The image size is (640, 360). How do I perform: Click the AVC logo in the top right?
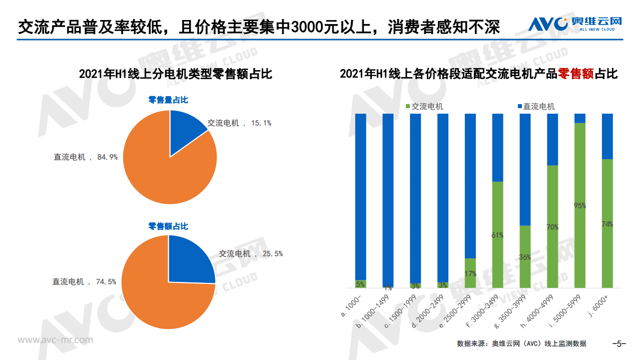click(575, 24)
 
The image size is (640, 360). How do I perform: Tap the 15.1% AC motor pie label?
click(239, 123)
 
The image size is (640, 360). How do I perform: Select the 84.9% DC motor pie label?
click(86, 157)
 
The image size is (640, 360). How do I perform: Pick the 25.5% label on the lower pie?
click(250, 254)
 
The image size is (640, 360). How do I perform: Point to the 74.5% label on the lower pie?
click(84, 282)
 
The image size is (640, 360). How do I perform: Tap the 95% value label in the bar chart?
click(579, 205)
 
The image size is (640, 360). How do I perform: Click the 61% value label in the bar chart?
click(497, 235)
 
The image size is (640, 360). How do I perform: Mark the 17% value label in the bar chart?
click(470, 274)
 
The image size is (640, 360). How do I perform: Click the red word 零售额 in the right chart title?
click(575, 74)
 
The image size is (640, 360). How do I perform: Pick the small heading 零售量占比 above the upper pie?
click(168, 100)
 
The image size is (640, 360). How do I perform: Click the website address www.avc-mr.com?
click(56, 340)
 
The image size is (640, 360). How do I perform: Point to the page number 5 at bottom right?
click(619, 343)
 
